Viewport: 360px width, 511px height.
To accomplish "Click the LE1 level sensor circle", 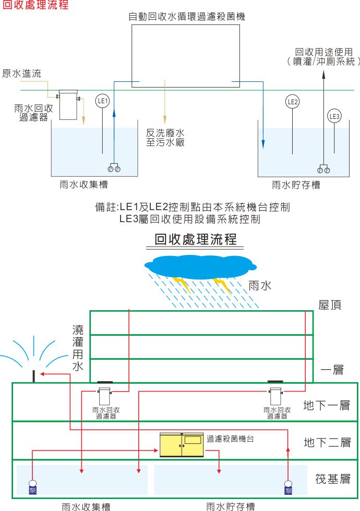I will (x=102, y=101).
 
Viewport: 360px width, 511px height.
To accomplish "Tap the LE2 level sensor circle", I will (x=292, y=101).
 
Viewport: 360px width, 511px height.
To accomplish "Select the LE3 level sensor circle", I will (x=334, y=116).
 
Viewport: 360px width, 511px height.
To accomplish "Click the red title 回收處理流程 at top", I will (x=35, y=5).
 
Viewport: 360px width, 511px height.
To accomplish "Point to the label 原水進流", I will (x=21, y=73).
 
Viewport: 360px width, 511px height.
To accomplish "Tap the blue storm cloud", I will (x=200, y=266).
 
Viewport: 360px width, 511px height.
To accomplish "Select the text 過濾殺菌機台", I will (x=230, y=439).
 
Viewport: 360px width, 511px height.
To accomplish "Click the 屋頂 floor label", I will (x=330, y=305).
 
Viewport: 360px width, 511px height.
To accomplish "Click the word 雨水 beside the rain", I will (x=260, y=286).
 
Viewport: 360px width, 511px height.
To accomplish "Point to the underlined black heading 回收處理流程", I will (x=196, y=239).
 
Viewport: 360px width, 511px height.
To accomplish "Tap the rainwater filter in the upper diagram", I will (x=68, y=104).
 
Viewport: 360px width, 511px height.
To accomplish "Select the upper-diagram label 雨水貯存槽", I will (x=296, y=185).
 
